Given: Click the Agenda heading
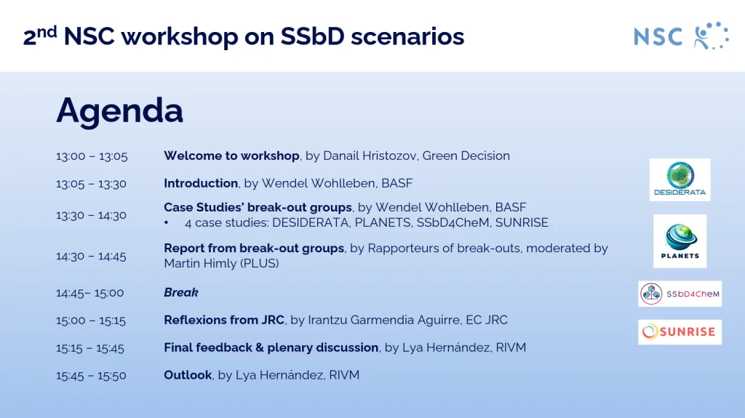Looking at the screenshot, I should pos(119,110).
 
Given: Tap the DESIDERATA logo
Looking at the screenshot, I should pos(680,180).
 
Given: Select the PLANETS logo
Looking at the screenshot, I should pos(680,241).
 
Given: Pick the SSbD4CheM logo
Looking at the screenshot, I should pos(680,294).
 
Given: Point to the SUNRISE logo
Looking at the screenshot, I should pos(680,332).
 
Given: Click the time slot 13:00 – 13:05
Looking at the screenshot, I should pos(92,156).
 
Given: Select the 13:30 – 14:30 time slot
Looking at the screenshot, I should pos(92,215).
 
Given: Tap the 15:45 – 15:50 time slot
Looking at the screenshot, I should pos(92,376).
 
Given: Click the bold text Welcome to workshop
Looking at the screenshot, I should pos(231,156).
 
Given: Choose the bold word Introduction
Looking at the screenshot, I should pos(201,183).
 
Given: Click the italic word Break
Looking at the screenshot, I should pos(181,292).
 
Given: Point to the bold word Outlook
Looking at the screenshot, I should pos(188,375).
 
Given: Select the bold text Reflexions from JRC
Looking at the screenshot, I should pos(223,320).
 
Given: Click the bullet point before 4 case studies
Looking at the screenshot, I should pos(167,222).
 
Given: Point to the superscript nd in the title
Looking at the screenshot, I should pos(47,30).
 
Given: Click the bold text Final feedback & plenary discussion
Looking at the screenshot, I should pos(271,347).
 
